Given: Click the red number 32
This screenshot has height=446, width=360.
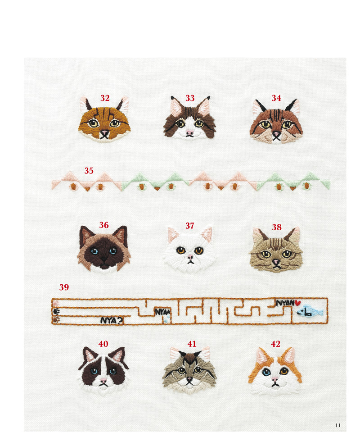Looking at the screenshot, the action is tap(105, 98).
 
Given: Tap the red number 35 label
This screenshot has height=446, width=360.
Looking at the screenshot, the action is tap(89, 171).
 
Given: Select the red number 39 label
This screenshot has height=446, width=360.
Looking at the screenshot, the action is tap(64, 287).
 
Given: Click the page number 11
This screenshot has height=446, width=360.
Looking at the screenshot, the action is tap(338, 425).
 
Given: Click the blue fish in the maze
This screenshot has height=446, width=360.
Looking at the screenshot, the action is tap(310, 311).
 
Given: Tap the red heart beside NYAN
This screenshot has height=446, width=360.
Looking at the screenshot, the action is tap(297, 303).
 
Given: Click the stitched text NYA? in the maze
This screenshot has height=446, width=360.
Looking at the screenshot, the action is tap(112, 320).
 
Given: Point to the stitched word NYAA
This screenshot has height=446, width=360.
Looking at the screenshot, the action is tap(162, 312).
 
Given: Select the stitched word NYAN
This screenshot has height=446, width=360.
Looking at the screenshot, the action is tap(285, 303).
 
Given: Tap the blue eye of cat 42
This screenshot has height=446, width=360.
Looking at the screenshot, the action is tap(266, 372).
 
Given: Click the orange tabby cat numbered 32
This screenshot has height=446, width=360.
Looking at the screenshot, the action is tap(104, 119).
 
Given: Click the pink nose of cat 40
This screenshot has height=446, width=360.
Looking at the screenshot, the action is tap(103, 380).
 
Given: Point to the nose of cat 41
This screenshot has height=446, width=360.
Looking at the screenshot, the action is tap(189, 379).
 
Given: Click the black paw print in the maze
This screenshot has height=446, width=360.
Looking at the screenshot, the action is tap(56, 312).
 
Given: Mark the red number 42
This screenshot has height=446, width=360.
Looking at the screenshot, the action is tap(275, 344).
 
